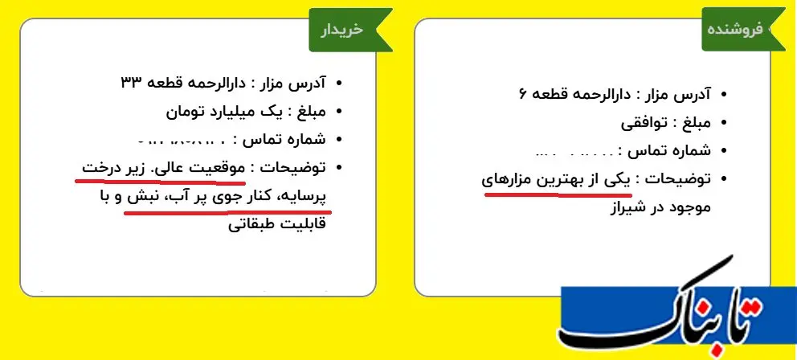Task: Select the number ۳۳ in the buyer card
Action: point(132,82)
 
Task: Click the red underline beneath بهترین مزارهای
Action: point(558,194)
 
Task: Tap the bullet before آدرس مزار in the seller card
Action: point(724,95)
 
